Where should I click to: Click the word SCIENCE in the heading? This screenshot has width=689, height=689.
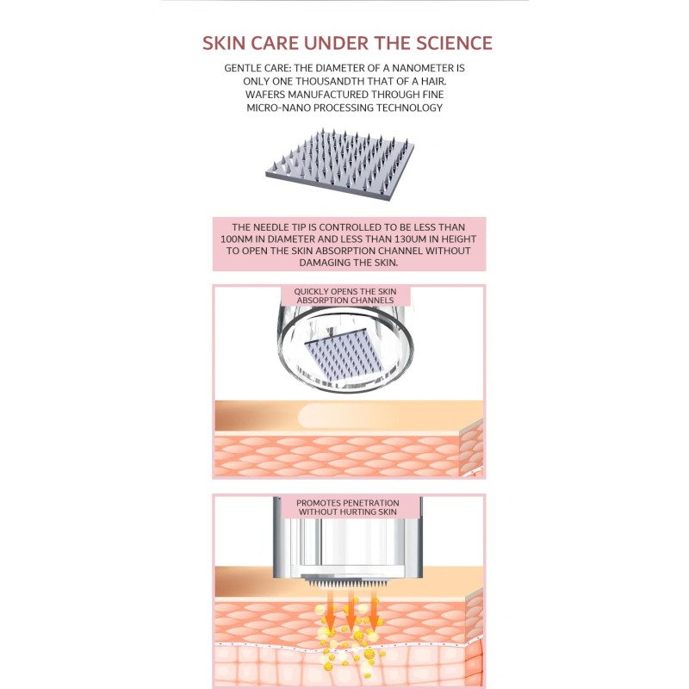click(455, 43)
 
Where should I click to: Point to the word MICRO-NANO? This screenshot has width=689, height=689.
click(278, 108)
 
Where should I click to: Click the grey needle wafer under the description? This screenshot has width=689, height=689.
click(339, 164)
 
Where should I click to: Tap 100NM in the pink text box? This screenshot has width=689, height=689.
click(235, 239)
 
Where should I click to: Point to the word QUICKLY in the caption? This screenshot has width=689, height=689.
click(311, 291)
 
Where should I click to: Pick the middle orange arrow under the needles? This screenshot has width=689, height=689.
click(351, 612)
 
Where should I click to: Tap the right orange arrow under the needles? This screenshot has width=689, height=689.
click(374, 612)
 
